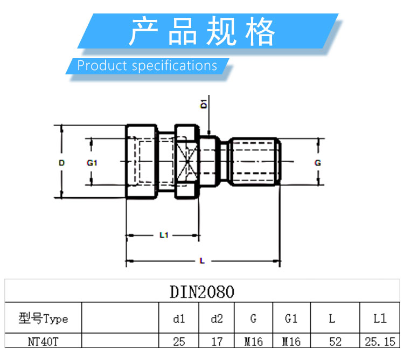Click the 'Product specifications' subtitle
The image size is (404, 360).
coord(147,66)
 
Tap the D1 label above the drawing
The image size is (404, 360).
coord(204,104)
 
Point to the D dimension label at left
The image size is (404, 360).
coord(62,163)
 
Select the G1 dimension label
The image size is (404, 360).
coord(91,163)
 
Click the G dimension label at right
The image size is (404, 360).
coord(318,163)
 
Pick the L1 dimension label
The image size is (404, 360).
coord(164,235)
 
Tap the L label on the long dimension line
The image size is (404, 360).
coord(202,261)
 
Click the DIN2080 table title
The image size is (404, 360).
coord(202,292)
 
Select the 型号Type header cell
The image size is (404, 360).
coord(43,319)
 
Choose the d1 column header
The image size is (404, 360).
coord(179,319)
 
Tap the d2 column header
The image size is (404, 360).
coord(217,319)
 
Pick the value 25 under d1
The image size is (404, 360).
coord(179,342)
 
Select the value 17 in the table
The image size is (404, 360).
coord(217,342)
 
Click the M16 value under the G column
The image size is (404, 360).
coord(253,342)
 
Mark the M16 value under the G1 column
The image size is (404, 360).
coord(291,342)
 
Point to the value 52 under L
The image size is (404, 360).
coord(332,342)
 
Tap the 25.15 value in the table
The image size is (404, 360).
coord(380,342)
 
